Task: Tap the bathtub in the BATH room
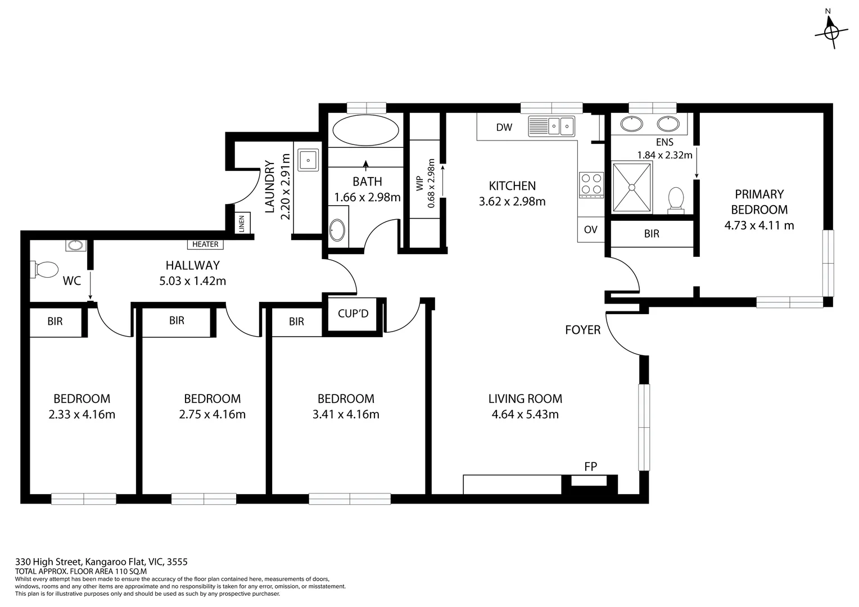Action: click(x=365, y=131)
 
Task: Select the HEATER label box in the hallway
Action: click(x=205, y=244)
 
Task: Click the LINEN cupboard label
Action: click(x=242, y=224)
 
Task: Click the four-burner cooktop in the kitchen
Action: click(x=591, y=184)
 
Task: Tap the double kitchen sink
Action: click(x=551, y=126)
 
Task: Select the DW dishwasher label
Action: click(x=504, y=128)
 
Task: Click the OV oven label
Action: click(x=590, y=229)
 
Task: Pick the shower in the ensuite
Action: click(x=632, y=187)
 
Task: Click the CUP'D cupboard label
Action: click(x=353, y=314)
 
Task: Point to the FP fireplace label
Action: click(x=590, y=466)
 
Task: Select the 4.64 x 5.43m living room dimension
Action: click(x=525, y=415)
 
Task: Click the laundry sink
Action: click(x=308, y=160)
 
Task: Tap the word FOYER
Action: click(x=582, y=330)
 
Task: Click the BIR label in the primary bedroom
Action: click(x=652, y=233)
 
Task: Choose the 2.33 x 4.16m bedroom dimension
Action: click(x=82, y=415)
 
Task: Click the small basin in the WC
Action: click(x=75, y=245)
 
